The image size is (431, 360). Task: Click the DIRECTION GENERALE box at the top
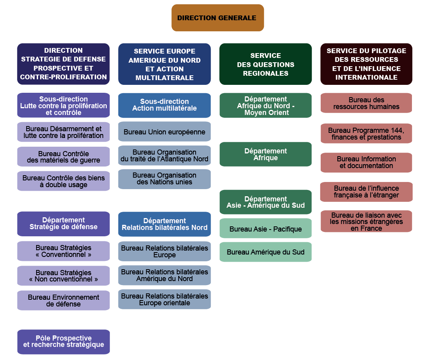click(217, 18)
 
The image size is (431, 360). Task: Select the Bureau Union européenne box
click(164, 132)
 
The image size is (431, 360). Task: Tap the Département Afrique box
click(266, 154)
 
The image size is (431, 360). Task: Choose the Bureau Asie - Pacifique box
click(266, 229)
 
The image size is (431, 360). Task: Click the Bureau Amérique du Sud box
click(266, 252)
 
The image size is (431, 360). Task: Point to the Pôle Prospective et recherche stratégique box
click(63, 341)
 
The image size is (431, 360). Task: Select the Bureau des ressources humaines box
click(366, 103)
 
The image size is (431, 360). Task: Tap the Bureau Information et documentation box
click(366, 163)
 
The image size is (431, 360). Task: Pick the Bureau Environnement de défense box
click(63, 301)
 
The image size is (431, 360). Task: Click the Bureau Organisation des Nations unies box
click(164, 179)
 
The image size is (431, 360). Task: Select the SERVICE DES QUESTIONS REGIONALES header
click(266, 64)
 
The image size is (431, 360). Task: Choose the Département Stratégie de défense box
click(63, 224)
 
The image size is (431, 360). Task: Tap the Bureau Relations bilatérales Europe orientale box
click(164, 299)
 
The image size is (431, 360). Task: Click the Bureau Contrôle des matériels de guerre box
click(63, 157)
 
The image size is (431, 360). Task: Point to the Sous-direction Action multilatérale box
click(164, 105)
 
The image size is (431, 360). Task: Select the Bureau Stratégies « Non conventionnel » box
click(63, 276)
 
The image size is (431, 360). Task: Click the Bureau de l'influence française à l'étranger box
click(366, 192)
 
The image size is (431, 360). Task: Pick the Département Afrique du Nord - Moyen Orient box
click(266, 105)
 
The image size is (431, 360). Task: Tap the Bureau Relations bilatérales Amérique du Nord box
click(164, 275)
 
